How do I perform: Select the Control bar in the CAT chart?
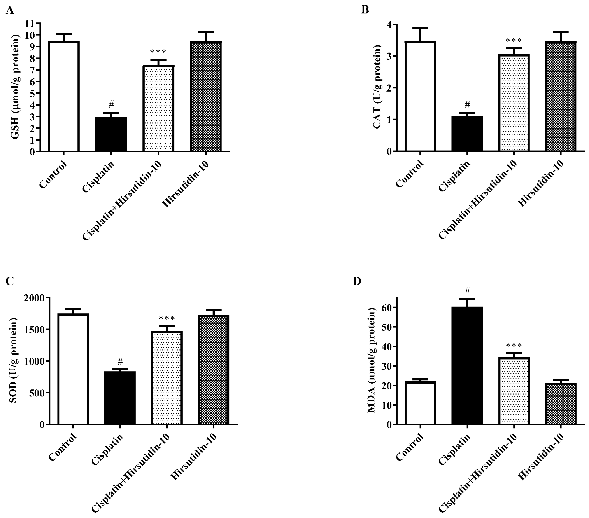[x=420, y=97]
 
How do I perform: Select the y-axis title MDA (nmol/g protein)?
[x=372, y=360]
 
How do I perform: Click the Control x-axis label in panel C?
[x=63, y=447]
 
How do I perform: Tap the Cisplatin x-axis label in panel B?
[x=454, y=176]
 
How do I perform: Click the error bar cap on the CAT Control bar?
[x=420, y=28]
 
